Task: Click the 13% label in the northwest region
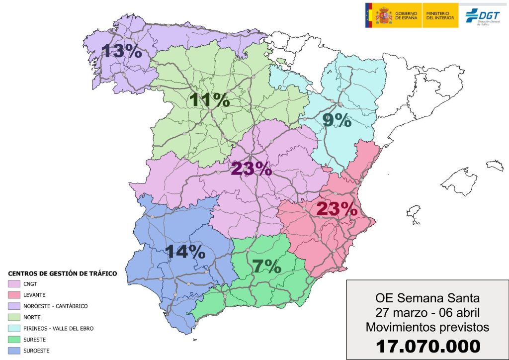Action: pos(122,51)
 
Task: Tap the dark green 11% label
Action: pos(209,100)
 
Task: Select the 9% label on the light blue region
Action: pos(337,120)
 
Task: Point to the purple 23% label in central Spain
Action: pos(251,169)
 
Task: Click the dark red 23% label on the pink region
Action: pos(337,209)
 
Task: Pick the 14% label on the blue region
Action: pos(185,252)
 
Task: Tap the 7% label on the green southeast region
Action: pos(267,267)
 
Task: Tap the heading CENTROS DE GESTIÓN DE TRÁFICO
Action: pos(63,273)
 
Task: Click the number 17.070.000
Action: pos(427,346)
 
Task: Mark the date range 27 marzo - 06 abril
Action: pos(427,313)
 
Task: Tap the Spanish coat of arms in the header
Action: pos(383,15)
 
